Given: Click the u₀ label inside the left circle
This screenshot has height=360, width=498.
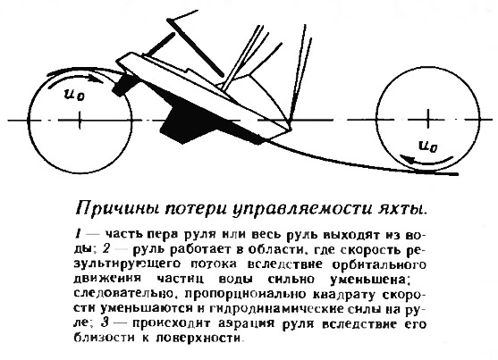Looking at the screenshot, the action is click(74, 95).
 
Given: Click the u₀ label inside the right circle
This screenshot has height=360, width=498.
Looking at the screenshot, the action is click(427, 147).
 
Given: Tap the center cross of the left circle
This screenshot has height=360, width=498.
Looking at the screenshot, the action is click(80, 121).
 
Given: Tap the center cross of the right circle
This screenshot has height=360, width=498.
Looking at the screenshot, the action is click(427, 119).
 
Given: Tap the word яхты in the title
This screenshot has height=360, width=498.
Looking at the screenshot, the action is click(401, 208).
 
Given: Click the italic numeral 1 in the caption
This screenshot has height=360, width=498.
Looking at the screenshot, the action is click(78, 234).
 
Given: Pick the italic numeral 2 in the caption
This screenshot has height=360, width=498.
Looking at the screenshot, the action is click(106, 249).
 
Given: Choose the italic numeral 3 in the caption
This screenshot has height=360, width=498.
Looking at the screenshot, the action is click(106, 323).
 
